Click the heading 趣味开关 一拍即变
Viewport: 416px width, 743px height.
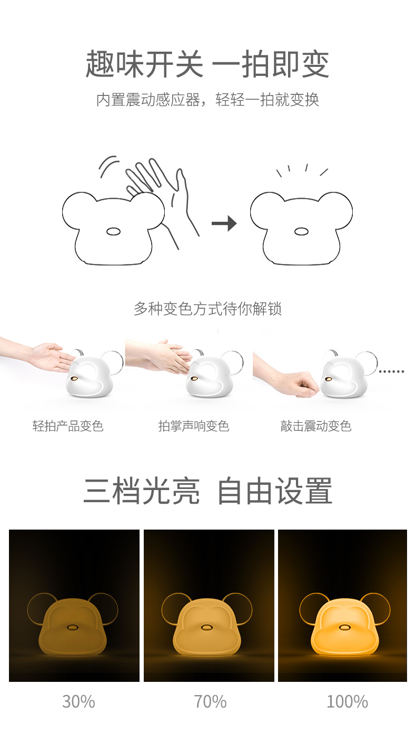(207, 64)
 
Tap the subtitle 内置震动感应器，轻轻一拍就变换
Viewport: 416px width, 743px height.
(207, 100)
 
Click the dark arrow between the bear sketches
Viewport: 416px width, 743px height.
(224, 223)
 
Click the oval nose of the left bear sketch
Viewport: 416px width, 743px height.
(113, 231)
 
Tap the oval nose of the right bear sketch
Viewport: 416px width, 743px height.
(301, 231)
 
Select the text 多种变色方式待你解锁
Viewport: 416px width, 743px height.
(207, 309)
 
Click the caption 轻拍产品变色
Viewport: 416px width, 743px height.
(68, 426)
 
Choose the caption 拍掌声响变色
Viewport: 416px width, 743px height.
(194, 426)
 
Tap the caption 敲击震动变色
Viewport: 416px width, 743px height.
(316, 426)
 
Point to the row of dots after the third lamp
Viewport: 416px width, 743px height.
(391, 371)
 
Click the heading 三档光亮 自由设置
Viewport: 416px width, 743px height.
(207, 491)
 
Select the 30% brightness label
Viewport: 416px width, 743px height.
(78, 701)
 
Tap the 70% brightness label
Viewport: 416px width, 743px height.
(210, 701)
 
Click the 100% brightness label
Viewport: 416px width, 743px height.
(347, 701)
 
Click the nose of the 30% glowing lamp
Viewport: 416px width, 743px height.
(72, 627)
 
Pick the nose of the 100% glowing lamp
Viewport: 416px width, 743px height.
(344, 627)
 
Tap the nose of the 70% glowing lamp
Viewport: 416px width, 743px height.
(207, 627)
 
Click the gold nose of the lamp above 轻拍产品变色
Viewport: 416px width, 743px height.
(75, 378)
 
